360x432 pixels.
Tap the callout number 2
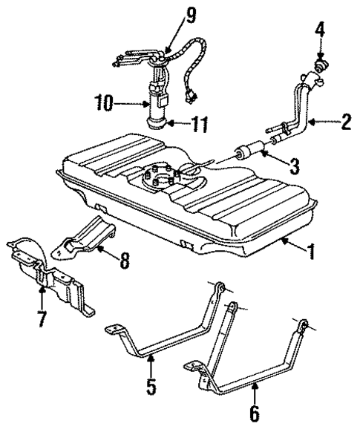345,121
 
